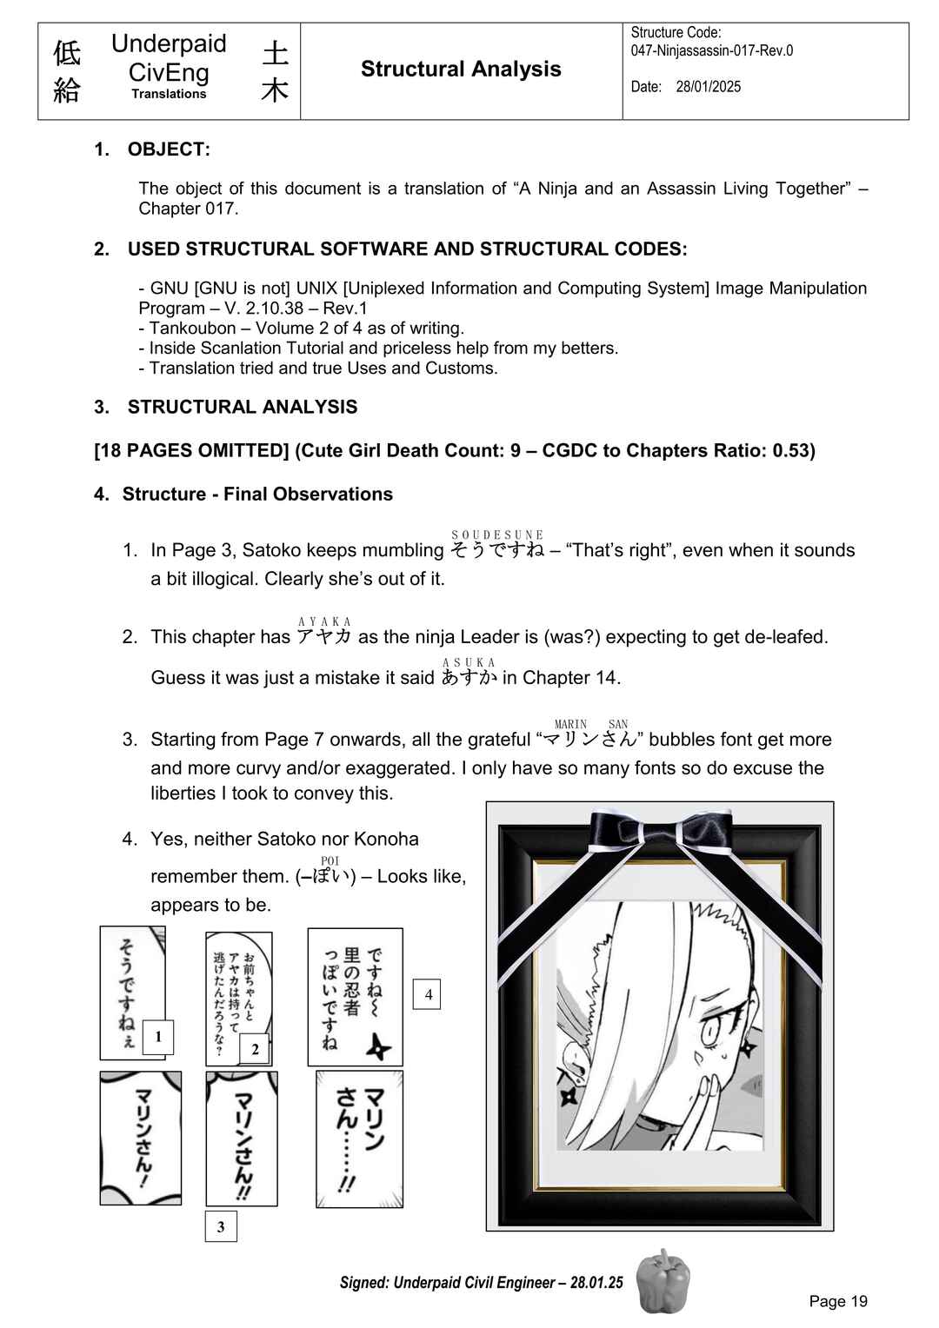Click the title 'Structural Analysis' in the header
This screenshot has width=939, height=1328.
pos(460,70)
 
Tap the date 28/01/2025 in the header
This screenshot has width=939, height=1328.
pos(708,87)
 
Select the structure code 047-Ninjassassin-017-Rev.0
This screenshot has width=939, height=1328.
pos(711,50)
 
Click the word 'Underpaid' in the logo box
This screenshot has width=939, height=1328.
pos(169,43)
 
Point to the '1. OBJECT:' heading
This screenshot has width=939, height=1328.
pos(152,149)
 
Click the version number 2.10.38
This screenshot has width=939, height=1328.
pos(263,308)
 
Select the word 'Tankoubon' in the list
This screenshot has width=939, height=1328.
pos(192,328)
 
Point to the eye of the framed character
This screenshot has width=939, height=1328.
pos(709,1033)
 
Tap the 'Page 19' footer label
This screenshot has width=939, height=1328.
pos(837,1301)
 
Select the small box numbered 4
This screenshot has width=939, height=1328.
pos(427,994)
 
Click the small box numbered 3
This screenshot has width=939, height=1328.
pos(221,1226)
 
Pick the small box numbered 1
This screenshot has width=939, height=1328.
pos(158,1037)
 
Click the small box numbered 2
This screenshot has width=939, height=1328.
pos(255,1049)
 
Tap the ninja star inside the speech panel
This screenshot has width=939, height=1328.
pos(378,1046)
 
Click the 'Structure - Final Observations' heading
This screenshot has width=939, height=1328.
pos(257,494)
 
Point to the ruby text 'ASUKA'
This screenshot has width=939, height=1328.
pos(469,662)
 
